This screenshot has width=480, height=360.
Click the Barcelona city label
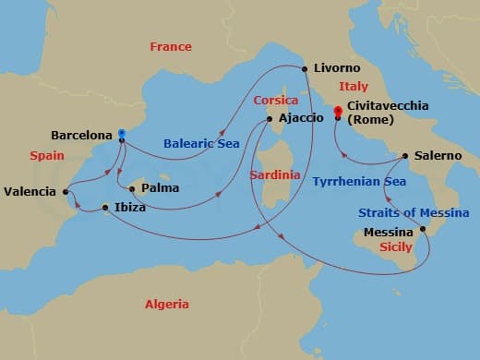point(83,134)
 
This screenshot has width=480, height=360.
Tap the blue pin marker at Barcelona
point(121,134)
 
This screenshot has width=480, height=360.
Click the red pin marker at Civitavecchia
point(338,112)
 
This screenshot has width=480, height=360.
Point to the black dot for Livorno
point(305,68)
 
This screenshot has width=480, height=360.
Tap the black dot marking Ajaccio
point(269,118)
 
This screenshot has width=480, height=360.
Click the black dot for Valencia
point(66,192)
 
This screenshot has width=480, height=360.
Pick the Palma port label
point(160,189)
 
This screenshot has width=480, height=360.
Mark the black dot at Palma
point(132,189)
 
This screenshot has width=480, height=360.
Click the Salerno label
point(438,156)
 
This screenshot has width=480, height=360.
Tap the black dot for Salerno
point(404,155)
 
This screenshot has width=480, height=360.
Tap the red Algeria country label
point(166,304)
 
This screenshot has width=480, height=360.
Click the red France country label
point(171,46)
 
